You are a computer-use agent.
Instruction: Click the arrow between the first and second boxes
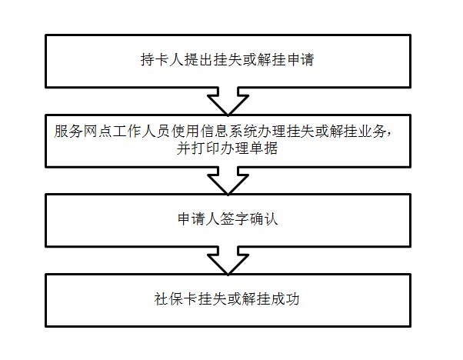tap(228, 100)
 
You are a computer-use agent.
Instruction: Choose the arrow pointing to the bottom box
tap(228, 260)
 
